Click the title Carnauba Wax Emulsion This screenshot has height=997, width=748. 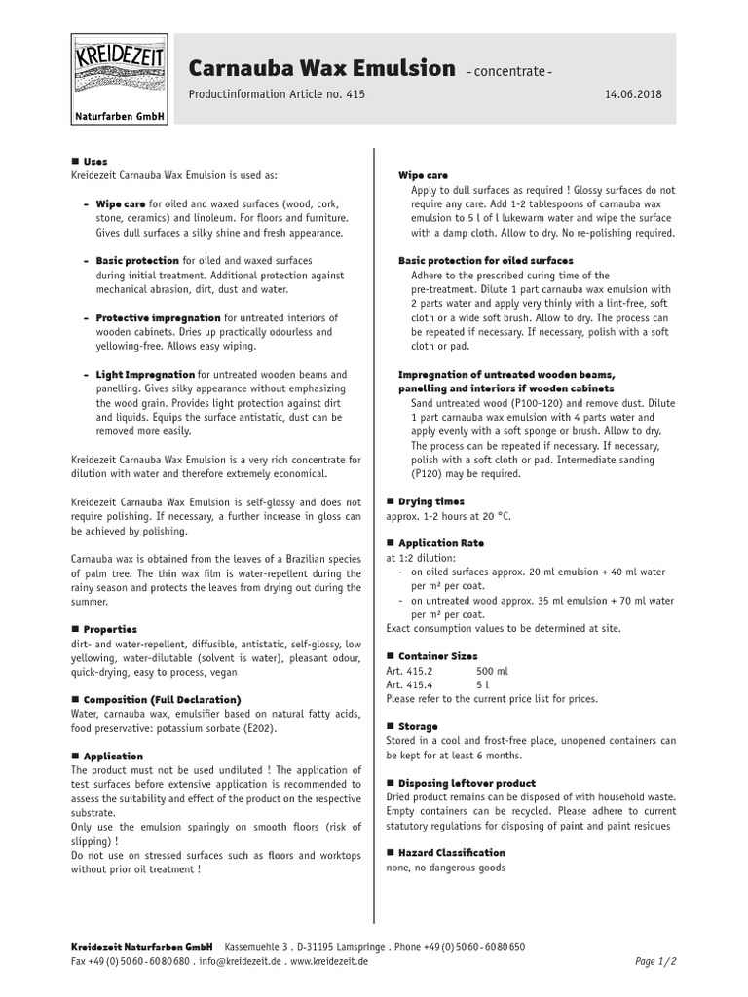pyautogui.click(x=320, y=68)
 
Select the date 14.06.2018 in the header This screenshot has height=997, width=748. pyautogui.click(x=633, y=94)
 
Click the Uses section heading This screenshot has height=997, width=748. pyautogui.click(x=95, y=161)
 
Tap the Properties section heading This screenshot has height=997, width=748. pyautogui.click(x=110, y=629)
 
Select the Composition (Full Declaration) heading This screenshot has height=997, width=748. pyautogui.click(x=161, y=699)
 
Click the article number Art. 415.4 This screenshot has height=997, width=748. pyautogui.click(x=409, y=684)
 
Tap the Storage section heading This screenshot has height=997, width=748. pyautogui.click(x=418, y=726)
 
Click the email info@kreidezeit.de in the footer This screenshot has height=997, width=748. pyautogui.click(x=240, y=961)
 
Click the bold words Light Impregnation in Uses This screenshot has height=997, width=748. pyautogui.click(x=145, y=374)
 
